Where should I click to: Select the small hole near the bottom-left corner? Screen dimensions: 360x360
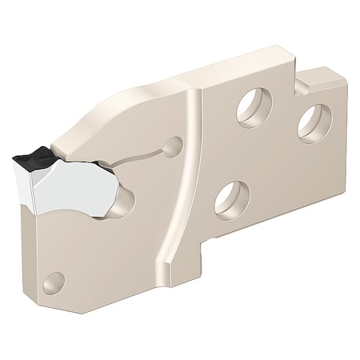pyautogui.click(x=54, y=282)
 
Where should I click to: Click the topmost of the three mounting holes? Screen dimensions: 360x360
pyautogui.click(x=254, y=106)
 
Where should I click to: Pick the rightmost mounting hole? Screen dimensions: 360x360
pyautogui.click(x=314, y=123)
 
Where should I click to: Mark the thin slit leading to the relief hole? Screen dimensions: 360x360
pyautogui.click(x=144, y=154)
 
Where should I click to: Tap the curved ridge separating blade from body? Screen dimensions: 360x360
pyautogui.click(x=186, y=176)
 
